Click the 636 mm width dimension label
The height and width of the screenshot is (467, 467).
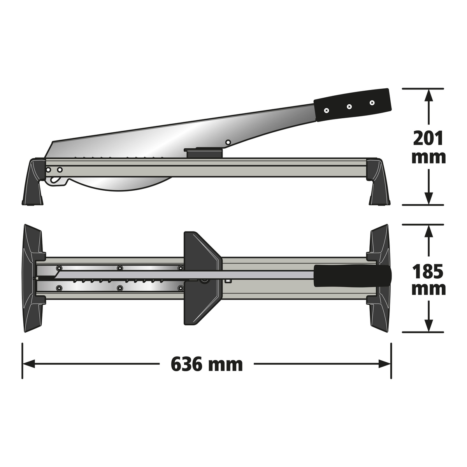click(x=207, y=364)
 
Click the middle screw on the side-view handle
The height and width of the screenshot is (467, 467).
click(x=349, y=106)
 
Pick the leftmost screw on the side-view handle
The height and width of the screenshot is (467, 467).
click(x=326, y=110)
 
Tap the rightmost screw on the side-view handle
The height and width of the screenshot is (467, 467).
click(x=372, y=102)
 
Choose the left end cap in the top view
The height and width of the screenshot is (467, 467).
click(x=33, y=278)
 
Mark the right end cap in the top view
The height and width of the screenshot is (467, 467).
click(x=379, y=278)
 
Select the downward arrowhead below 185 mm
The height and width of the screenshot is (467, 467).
click(x=428, y=326)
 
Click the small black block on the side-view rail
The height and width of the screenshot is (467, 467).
click(x=204, y=152)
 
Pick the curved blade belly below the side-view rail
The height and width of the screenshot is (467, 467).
click(x=125, y=185)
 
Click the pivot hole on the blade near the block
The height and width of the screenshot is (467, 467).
click(x=228, y=142)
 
